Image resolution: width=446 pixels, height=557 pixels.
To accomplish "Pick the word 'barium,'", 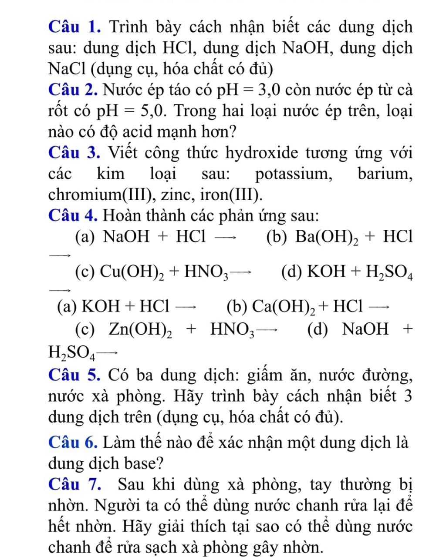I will click(385, 174).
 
